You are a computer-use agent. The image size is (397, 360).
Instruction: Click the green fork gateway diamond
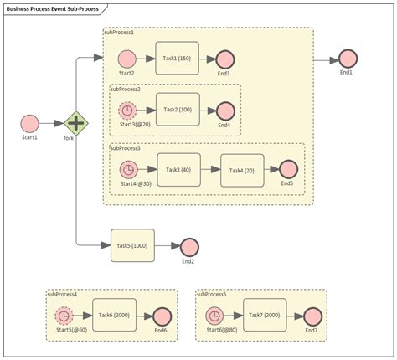[x=76, y=123]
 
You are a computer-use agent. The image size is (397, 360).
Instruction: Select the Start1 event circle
[x=29, y=123]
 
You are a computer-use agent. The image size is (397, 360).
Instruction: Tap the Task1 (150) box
[x=177, y=59]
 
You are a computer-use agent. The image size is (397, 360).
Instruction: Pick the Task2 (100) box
[x=177, y=111]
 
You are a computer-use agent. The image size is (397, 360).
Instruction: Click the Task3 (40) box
[x=178, y=170]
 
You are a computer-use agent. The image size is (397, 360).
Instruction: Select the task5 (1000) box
[x=132, y=246]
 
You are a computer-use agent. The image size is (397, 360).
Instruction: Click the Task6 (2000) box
[x=113, y=315]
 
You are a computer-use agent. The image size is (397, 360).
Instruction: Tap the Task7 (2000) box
[x=265, y=315]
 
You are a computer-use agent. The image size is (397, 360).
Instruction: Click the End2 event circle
[x=188, y=247]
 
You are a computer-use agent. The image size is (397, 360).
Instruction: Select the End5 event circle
[x=287, y=170]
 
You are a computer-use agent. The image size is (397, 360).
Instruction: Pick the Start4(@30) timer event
[x=128, y=170]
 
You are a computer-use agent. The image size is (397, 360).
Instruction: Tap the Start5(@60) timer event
[x=64, y=316]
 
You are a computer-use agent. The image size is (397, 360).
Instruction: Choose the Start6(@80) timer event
[x=215, y=316]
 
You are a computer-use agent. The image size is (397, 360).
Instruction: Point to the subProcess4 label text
[x=62, y=295]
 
